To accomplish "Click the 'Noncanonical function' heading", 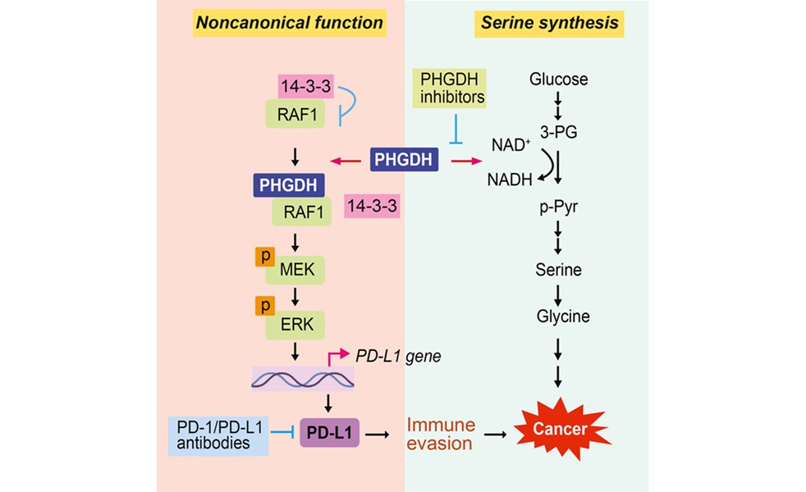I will coord(289,22).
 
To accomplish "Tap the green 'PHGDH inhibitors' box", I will coord(451,89).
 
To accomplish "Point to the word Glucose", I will coord(558,80).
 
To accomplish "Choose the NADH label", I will coord(509,179).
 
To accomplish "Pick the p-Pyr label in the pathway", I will coord(558,207).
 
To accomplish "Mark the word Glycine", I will coord(558,316).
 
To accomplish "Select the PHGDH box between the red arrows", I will coord(404,159).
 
